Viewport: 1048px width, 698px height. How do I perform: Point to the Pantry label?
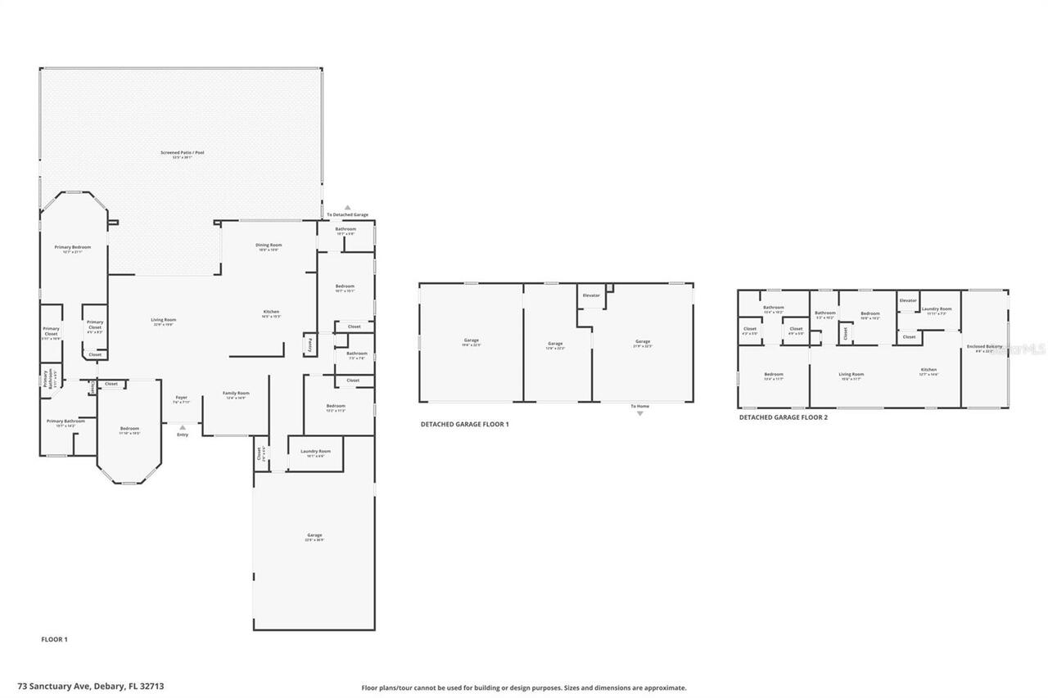pos(309,346)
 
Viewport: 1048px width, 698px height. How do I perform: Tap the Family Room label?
pos(236,394)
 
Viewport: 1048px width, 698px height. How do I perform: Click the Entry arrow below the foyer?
pos(182,427)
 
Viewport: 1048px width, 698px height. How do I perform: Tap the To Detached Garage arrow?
pos(347,208)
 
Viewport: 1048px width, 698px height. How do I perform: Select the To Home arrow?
pos(640,413)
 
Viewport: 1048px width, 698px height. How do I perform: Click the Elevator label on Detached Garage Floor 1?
pos(591,295)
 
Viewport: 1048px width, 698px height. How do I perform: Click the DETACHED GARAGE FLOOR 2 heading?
pos(783,417)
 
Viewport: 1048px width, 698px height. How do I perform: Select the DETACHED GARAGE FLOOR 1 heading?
pos(464,425)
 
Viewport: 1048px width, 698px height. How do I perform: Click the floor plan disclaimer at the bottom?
pos(524,688)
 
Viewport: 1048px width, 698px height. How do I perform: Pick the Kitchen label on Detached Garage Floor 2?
pos(928,371)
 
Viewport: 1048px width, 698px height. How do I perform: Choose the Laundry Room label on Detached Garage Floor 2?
pos(937,310)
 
